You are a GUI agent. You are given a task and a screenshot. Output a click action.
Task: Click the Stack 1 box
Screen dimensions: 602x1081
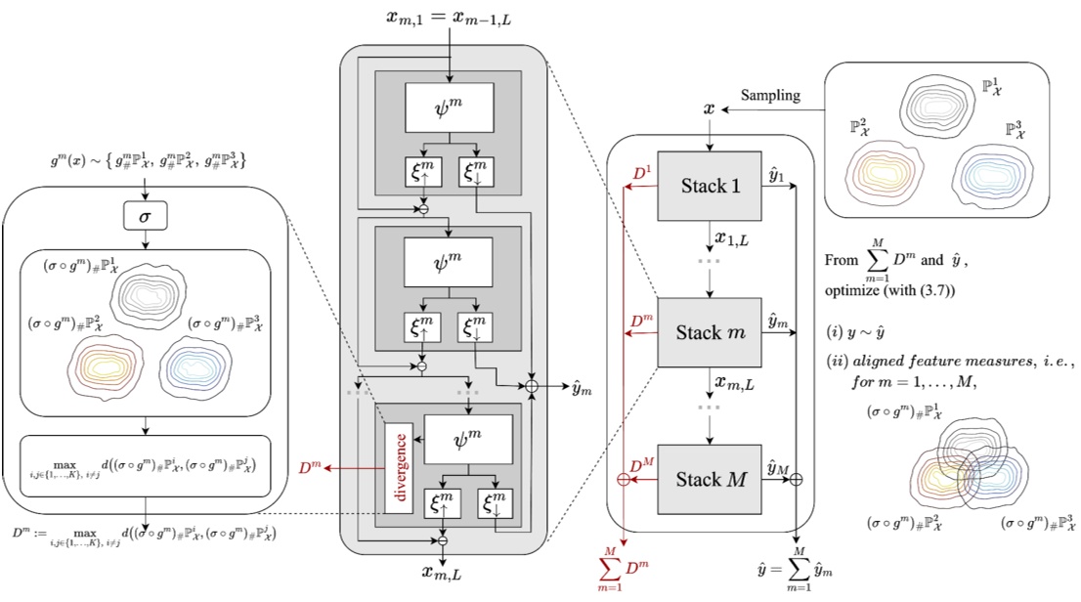tap(707, 187)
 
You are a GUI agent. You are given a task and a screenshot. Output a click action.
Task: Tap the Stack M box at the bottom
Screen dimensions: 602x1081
tap(707, 479)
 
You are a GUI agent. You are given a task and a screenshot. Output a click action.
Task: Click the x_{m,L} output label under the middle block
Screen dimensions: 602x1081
tap(447, 574)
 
